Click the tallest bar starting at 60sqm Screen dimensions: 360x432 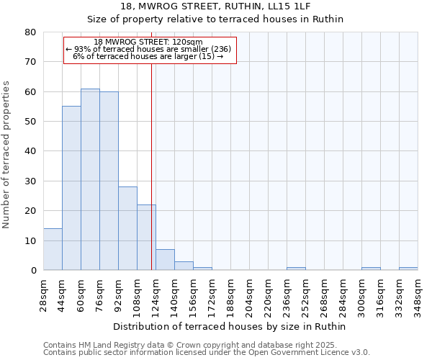[90, 180]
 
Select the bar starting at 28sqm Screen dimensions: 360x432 [53, 249]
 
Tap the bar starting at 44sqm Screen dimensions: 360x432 [71, 189]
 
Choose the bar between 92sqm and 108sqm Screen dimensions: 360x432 [127, 229]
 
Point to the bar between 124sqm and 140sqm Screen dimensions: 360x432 [165, 260]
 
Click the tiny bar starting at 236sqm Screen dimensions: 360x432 [296, 269]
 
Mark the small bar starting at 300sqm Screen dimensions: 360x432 [371, 269]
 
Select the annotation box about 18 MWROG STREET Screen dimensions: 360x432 [150, 50]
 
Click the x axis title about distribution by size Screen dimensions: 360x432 [230, 327]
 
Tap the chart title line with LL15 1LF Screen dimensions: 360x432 [215, 6]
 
